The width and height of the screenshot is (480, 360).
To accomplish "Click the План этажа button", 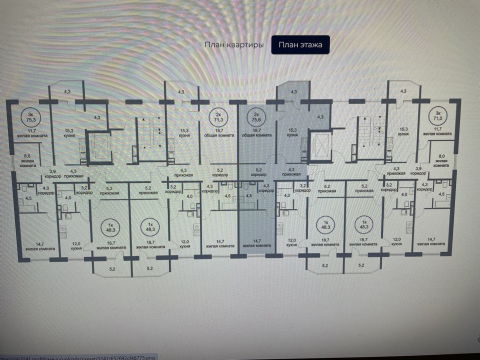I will (x=300, y=45).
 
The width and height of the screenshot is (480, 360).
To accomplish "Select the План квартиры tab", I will (x=233, y=45).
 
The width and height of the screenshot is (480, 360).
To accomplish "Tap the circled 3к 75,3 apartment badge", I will (x=31, y=118).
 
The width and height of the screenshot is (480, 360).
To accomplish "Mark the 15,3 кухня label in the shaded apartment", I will (x=292, y=133).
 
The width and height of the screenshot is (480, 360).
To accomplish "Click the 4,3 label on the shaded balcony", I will (x=293, y=92).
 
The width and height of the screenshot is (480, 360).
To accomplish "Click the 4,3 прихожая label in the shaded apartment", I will (x=291, y=172).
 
